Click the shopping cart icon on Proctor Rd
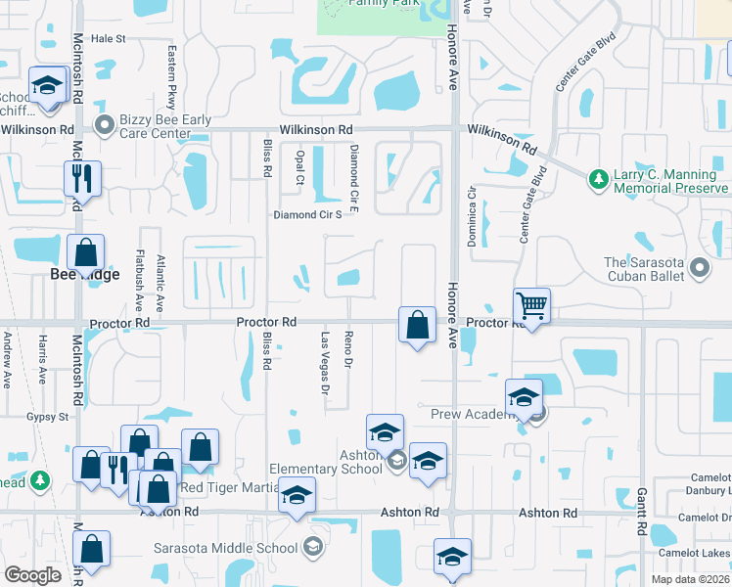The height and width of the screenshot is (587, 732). click(531, 306)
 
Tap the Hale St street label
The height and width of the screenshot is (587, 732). click(109, 38)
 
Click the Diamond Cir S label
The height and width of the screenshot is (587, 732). click(307, 215)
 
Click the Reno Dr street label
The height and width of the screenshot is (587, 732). click(348, 350)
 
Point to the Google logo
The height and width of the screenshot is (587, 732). click(32, 575)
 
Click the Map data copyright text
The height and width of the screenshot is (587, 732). click(690, 579)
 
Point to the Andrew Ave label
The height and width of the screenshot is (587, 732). click(7, 359)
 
